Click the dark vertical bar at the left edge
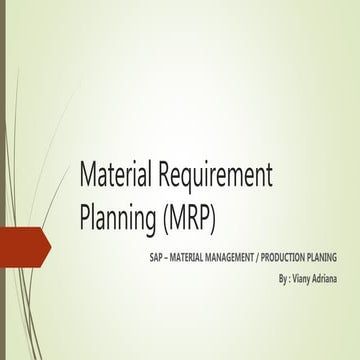coord(3,180)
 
